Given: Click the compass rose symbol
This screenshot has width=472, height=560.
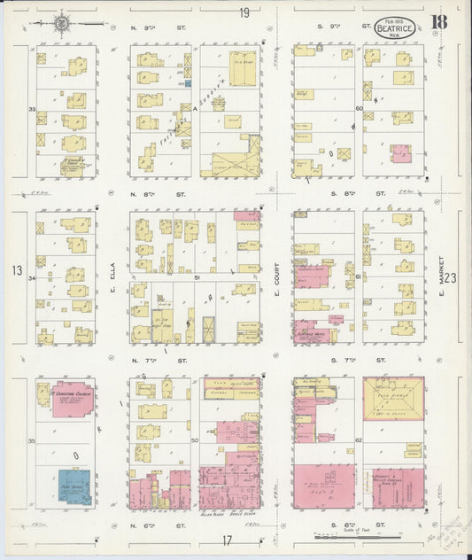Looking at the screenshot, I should pyautogui.click(x=64, y=23).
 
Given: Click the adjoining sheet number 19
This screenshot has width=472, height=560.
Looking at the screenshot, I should pyautogui.click(x=243, y=12).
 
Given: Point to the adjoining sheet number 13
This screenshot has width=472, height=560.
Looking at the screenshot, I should pyautogui.click(x=17, y=269).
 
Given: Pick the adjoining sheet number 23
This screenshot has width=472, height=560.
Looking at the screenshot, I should pyautogui.click(x=453, y=277).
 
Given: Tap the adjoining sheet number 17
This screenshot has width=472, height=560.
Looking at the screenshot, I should pyautogui.click(x=228, y=540).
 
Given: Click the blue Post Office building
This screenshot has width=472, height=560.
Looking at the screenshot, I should pyautogui.click(x=75, y=486).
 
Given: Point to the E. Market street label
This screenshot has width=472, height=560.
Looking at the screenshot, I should pyautogui.click(x=439, y=275).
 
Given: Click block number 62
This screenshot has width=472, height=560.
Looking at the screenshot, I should pyautogui.click(x=359, y=439).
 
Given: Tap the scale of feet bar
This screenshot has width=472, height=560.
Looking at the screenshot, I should pyautogui.click(x=358, y=537).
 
